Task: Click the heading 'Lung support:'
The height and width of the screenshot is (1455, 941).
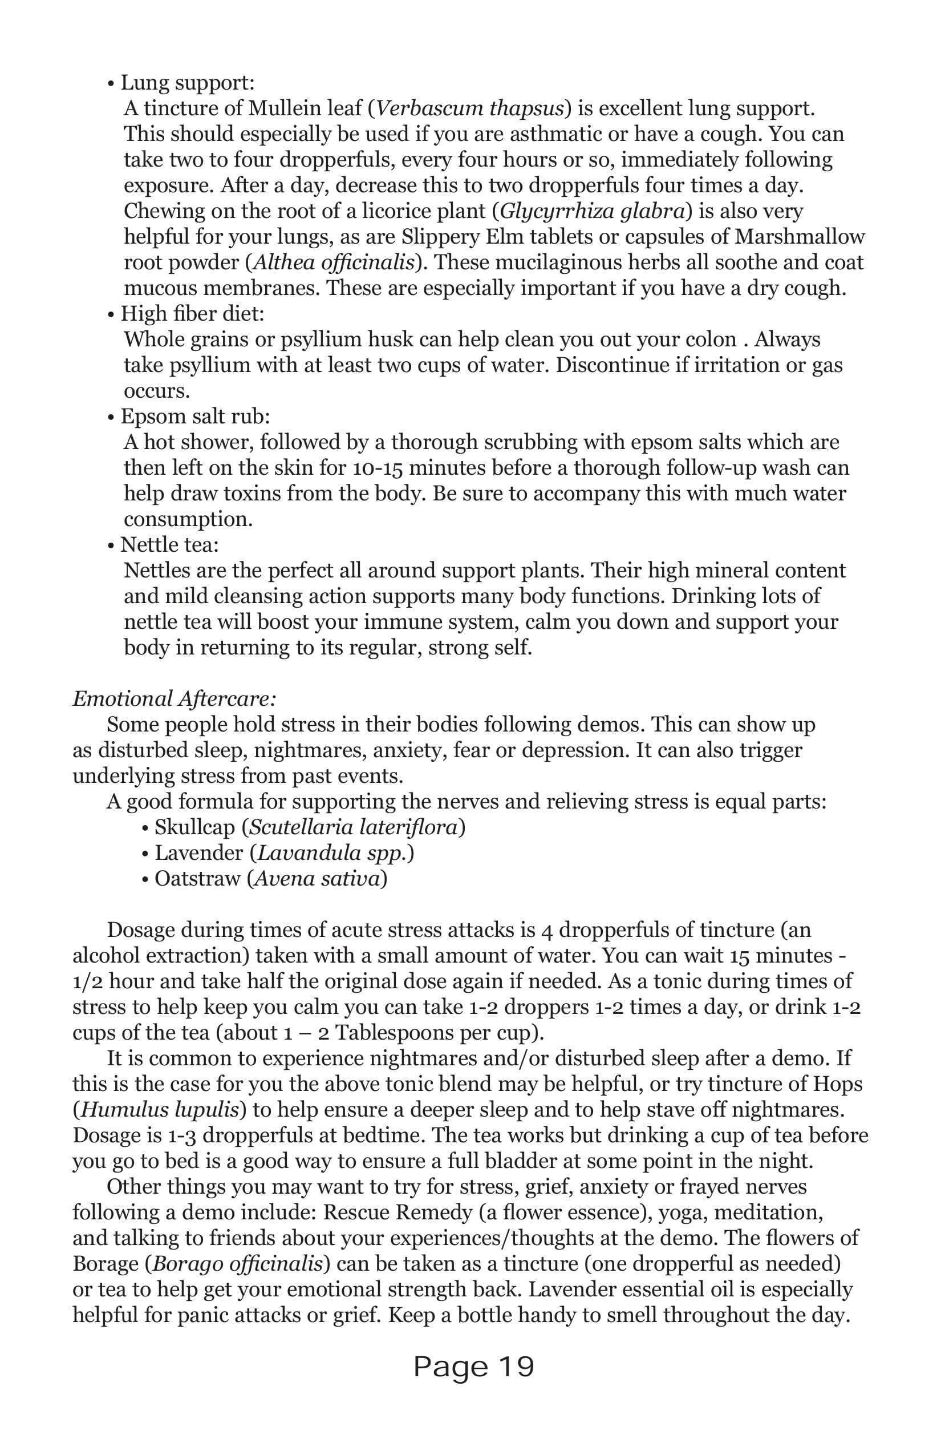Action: point(187,83)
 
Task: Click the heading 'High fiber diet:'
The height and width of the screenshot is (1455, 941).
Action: point(192,314)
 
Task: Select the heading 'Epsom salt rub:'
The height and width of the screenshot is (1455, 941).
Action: point(195,417)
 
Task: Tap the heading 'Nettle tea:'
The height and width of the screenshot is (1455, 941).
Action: point(169,545)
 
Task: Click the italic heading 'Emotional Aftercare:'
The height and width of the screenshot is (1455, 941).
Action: point(175,700)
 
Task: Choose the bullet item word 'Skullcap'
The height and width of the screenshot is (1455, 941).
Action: point(195,828)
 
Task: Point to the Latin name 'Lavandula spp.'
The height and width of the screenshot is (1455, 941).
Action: point(332,854)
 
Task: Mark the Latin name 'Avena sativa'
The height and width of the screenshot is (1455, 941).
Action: point(317,879)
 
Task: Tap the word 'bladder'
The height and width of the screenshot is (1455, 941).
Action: point(518,1162)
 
